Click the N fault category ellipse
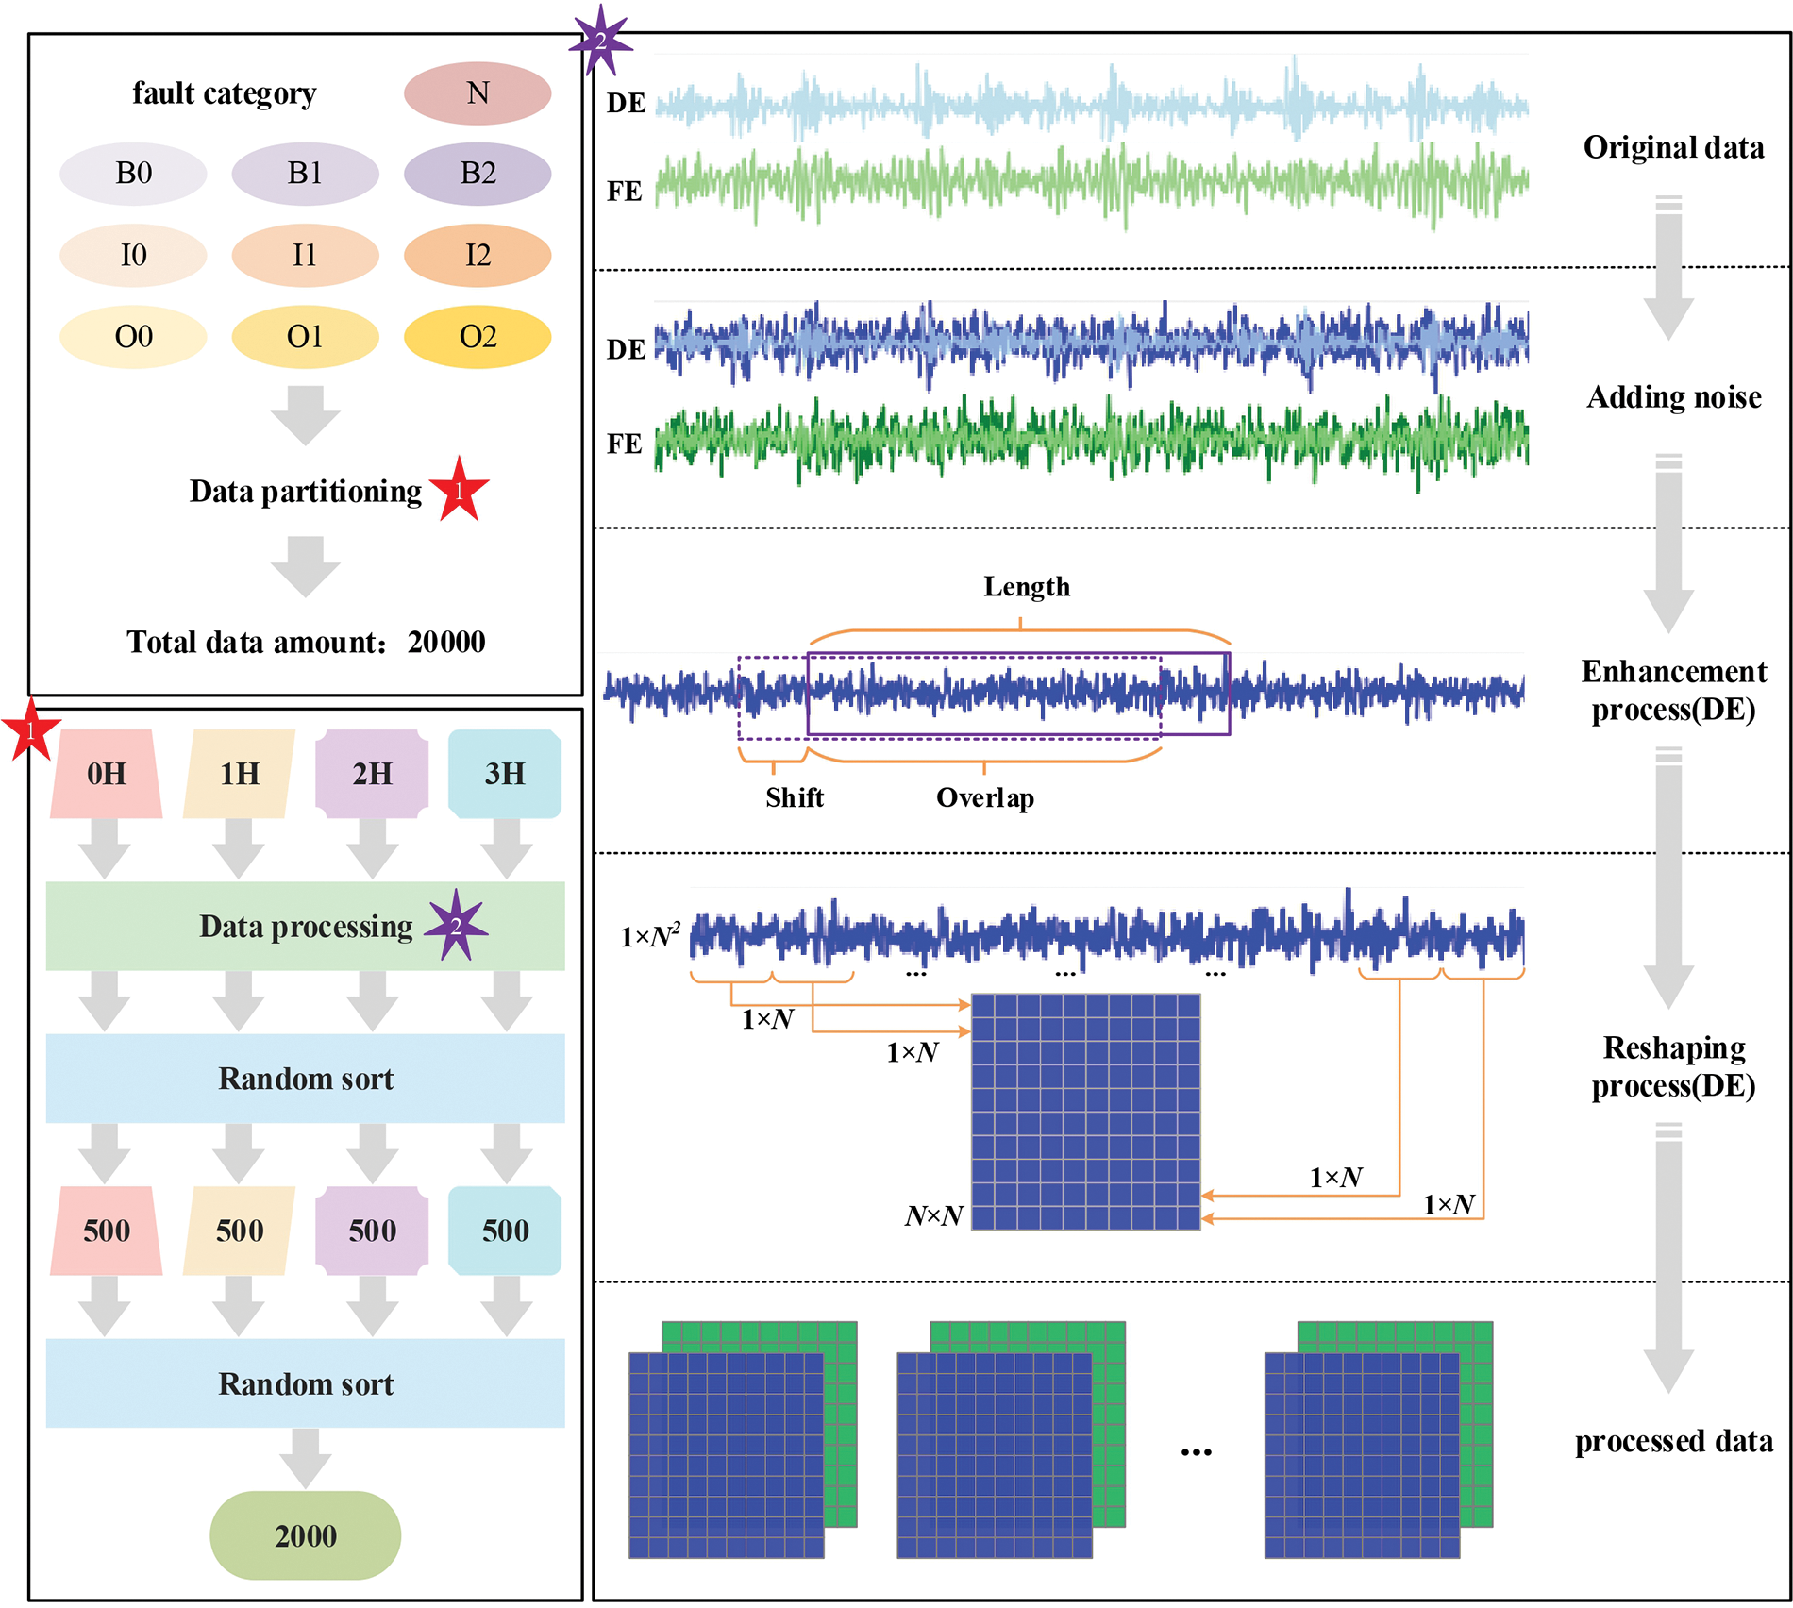pos(478,93)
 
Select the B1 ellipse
pos(305,174)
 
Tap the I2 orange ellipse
pos(478,255)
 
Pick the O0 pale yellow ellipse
pos(133,337)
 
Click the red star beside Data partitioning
pos(460,491)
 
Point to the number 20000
pos(446,643)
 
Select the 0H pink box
pos(107,774)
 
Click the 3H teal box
pos(505,774)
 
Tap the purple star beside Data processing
pos(456,926)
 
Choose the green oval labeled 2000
pos(305,1535)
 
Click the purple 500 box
pos(372,1231)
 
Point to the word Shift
pos(795,798)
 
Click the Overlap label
pos(985,798)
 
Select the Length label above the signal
pos(1027,587)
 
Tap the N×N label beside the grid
pos(933,1215)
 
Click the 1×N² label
pos(650,936)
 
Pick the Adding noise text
pos(1673,397)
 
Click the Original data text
pos(1673,148)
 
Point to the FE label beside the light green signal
pos(625,192)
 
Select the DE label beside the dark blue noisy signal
pos(626,350)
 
